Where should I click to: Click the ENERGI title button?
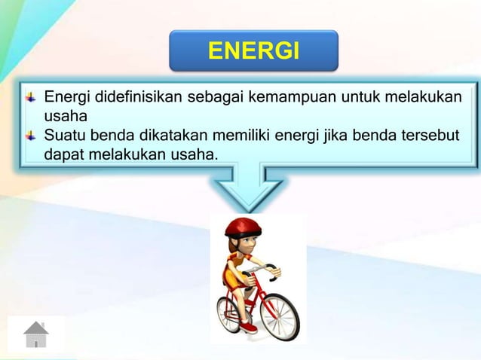[x=253, y=51]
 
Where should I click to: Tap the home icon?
[x=35, y=334]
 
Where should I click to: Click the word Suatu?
[x=64, y=136]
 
